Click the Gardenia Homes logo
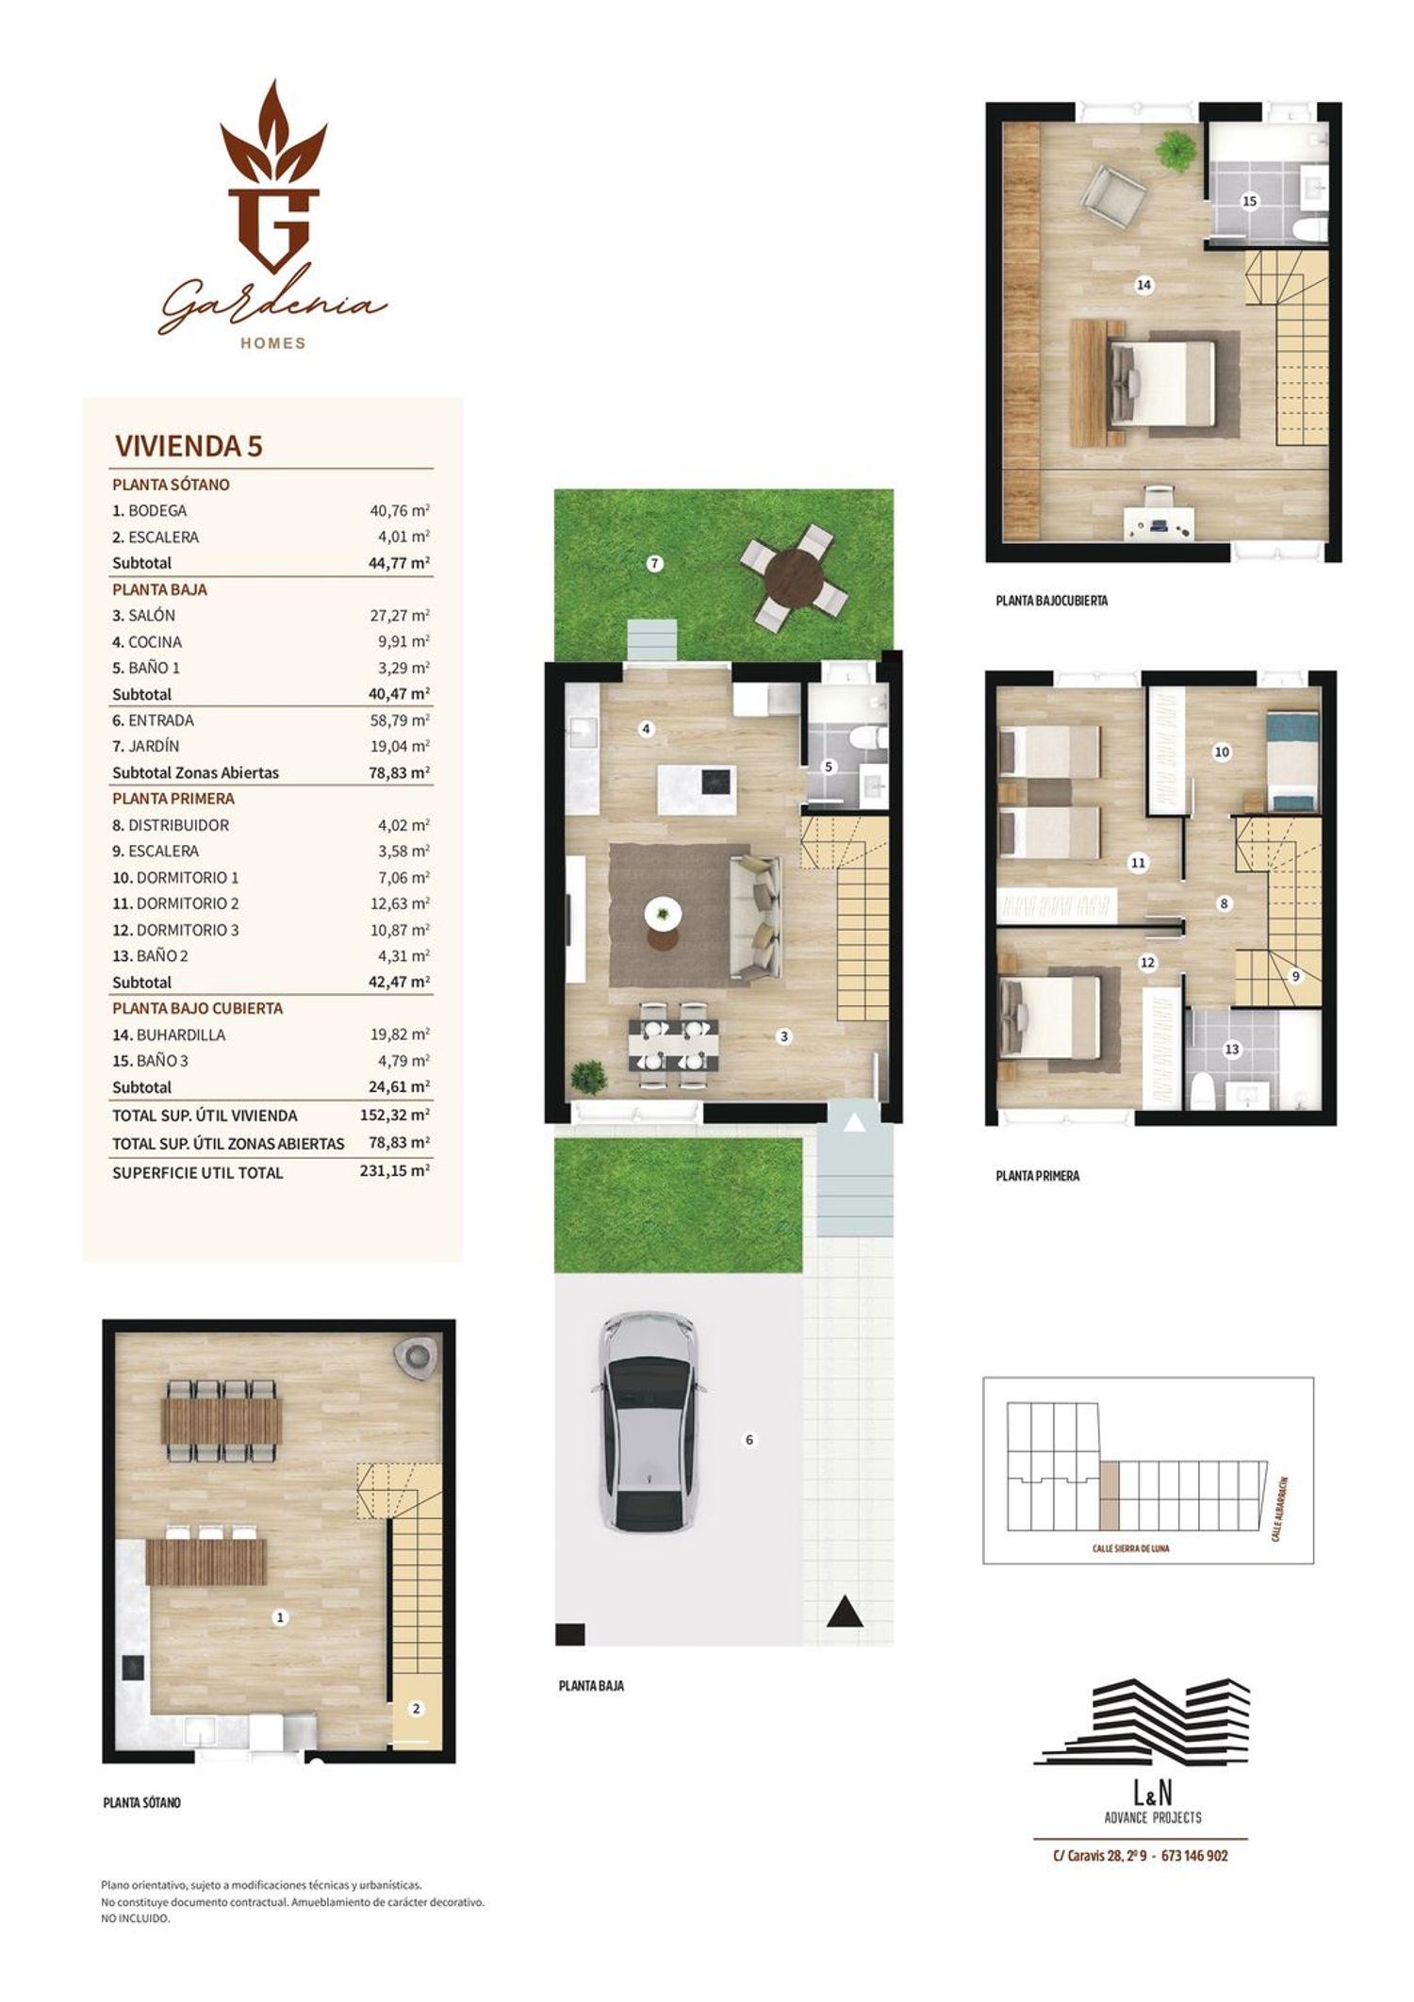271,215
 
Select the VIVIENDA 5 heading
189,445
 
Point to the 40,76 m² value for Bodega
400,510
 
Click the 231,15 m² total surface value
395,1172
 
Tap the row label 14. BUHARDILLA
169,1034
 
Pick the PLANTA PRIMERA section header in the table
173,799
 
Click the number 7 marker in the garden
654,564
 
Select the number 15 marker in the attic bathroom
1250,201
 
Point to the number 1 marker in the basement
279,1617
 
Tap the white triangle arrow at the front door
854,1122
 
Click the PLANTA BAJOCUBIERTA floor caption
1052,600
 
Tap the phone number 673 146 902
1194,1856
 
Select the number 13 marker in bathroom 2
1232,1049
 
